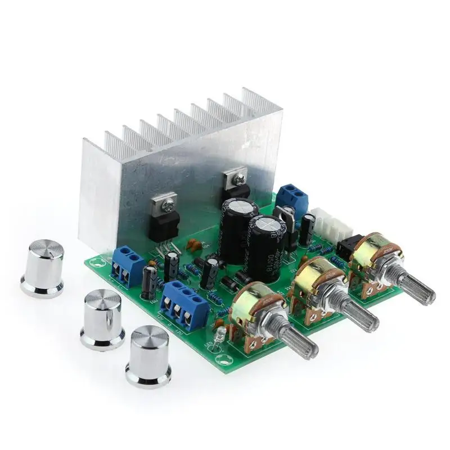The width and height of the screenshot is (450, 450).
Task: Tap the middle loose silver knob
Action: point(103,318)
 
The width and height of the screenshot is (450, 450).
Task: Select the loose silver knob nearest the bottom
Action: point(148,357)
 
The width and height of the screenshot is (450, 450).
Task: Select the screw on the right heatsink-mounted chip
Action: point(240,179)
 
